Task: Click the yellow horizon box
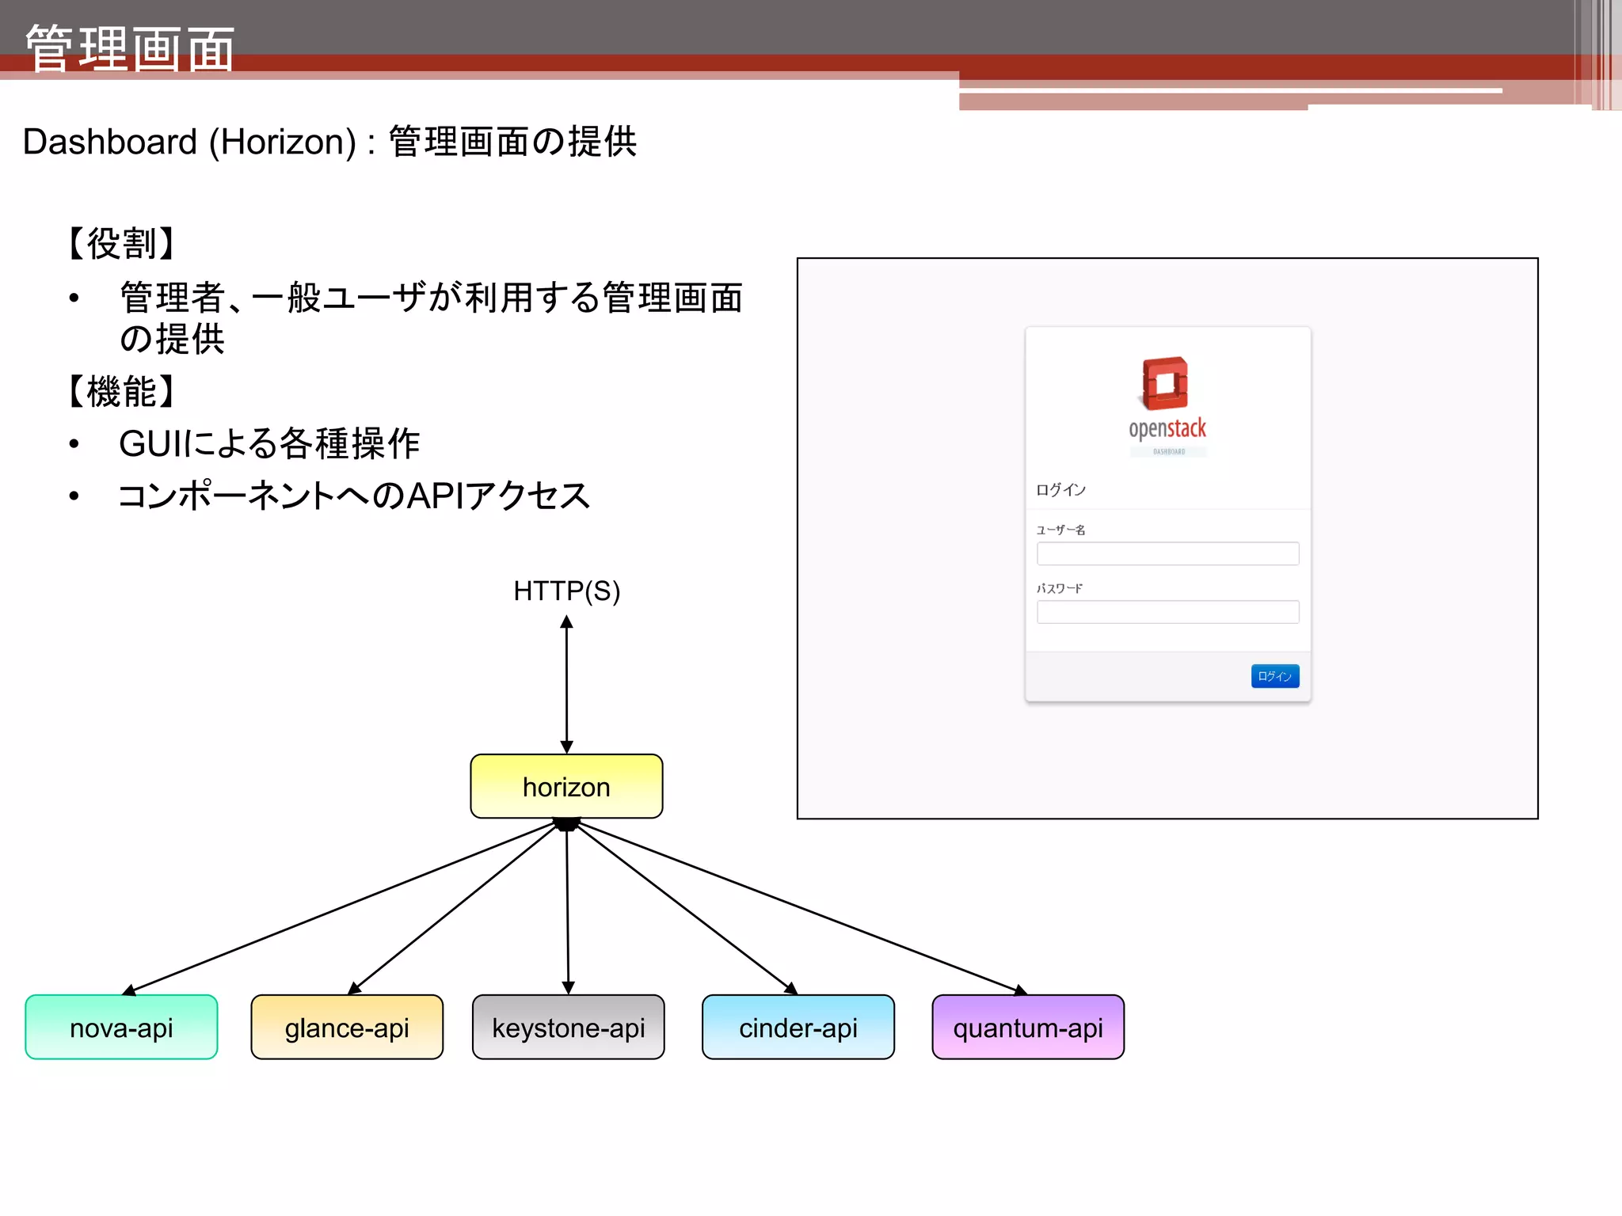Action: [566, 786]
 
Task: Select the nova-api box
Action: [121, 1027]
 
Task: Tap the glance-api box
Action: [347, 1027]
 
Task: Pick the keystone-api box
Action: [568, 1027]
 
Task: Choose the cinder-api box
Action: [798, 1027]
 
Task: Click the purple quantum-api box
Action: [1027, 1027]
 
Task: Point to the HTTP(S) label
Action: [566, 591]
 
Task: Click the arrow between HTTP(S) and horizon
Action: [566, 685]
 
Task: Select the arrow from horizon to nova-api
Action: [341, 907]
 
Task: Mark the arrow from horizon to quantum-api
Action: [800, 907]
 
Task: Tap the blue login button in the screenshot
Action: [1274, 676]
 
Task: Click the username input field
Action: [1167, 553]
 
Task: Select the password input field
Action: [1167, 612]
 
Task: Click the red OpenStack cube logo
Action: [1165, 383]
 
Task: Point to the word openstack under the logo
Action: [1167, 428]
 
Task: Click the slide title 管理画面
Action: [130, 48]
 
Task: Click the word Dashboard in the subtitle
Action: [110, 142]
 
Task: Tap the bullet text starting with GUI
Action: [269, 443]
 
